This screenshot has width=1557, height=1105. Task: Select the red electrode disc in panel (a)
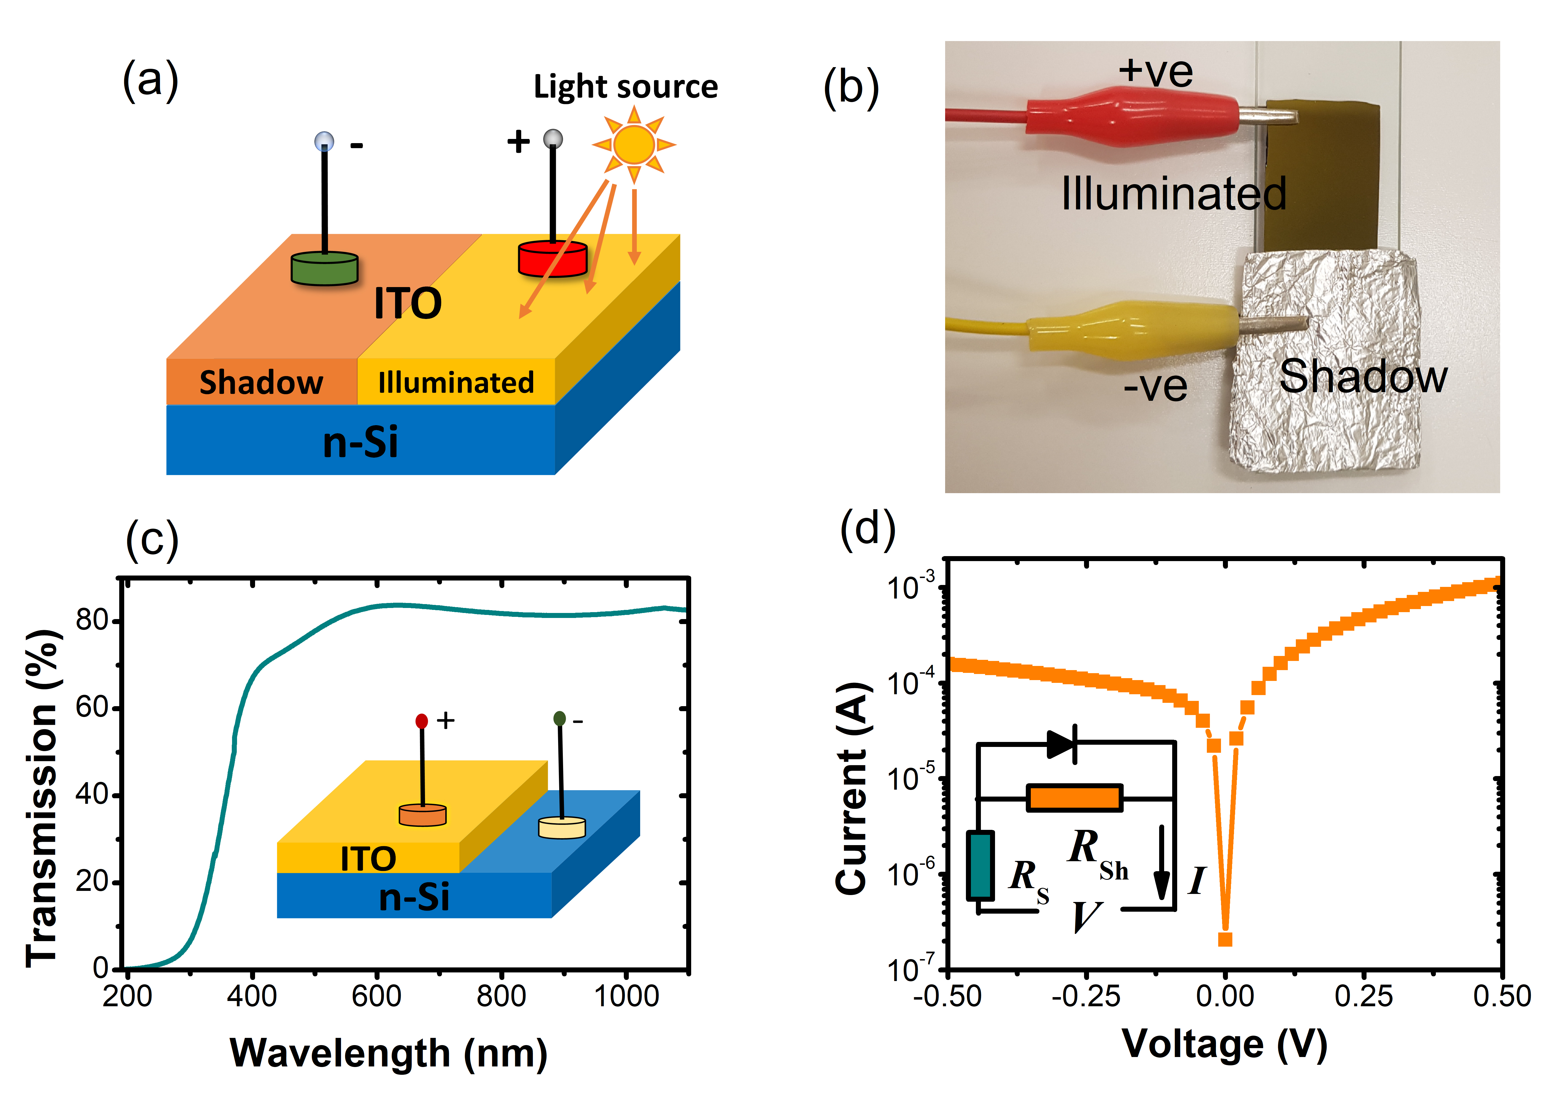[x=552, y=258]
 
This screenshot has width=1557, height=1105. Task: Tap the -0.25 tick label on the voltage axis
[x=1086, y=996]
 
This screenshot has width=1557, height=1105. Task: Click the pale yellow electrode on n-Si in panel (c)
[x=562, y=827]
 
